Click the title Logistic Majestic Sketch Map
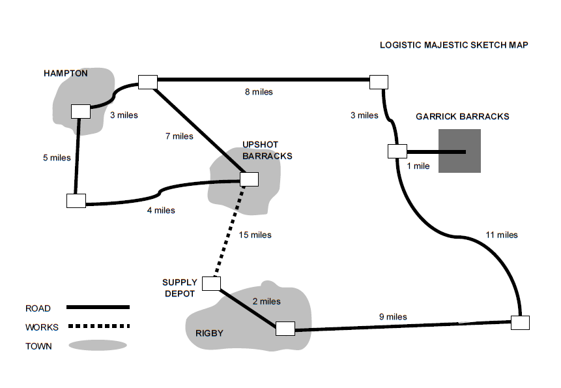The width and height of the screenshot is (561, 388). [453, 46]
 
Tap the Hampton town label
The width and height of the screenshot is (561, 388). [65, 73]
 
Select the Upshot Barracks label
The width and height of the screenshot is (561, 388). [267, 150]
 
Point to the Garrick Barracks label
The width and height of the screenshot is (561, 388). [462, 117]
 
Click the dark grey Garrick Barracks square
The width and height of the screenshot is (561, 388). [459, 151]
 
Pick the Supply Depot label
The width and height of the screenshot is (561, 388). [180, 288]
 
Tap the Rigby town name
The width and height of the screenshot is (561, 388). [209, 333]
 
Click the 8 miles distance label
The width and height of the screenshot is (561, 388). [259, 92]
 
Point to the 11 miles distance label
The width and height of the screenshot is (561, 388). [502, 235]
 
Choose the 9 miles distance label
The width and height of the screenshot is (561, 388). [393, 317]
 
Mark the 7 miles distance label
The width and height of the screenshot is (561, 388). [179, 136]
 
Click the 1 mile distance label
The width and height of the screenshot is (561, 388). [418, 166]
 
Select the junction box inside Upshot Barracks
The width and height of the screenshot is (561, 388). [250, 179]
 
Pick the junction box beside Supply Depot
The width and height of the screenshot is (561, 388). [211, 283]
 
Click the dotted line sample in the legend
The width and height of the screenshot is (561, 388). [98, 326]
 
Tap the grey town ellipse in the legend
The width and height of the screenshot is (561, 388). [98, 346]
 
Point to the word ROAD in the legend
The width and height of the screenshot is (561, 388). [38, 308]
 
